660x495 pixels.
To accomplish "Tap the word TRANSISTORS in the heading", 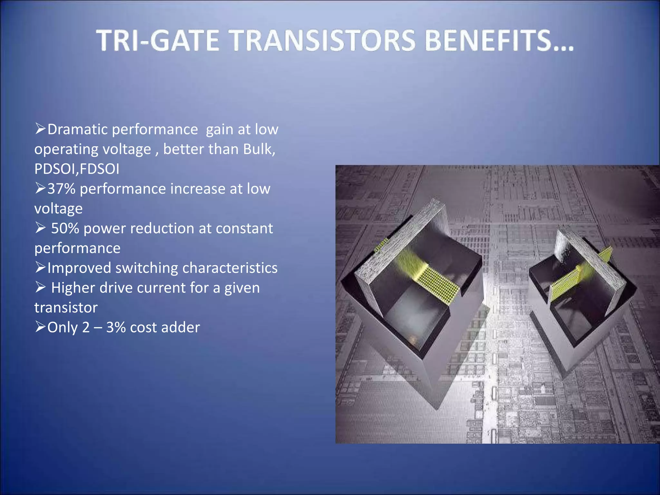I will click(323, 41).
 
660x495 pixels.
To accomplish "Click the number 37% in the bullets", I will click(61, 189).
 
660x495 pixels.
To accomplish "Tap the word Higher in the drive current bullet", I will click(74, 288).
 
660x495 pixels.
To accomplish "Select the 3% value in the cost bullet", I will click(116, 327).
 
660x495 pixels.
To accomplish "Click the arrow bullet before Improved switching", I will click(40, 267).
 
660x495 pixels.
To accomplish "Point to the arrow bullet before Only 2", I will click(40, 327).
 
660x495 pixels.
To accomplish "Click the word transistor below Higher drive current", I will click(66, 308).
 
